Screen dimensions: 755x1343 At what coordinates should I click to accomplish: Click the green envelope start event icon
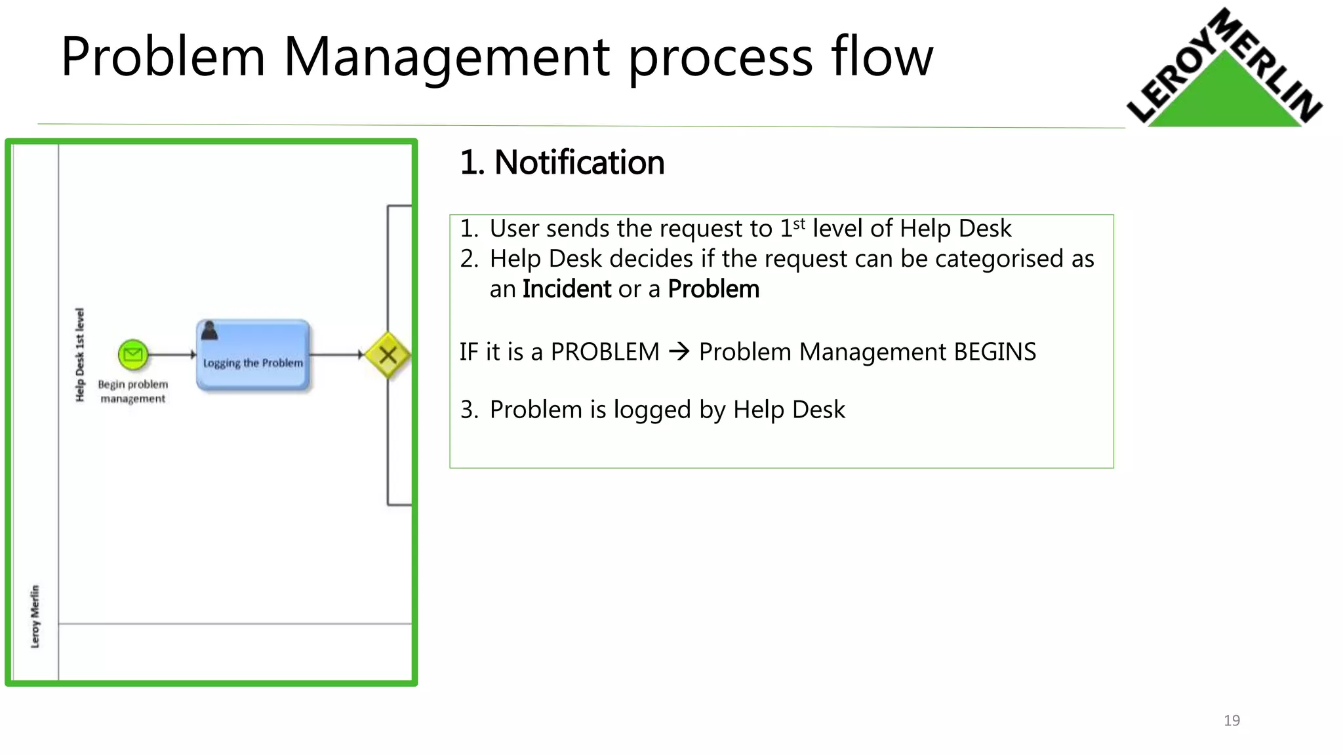pos(133,355)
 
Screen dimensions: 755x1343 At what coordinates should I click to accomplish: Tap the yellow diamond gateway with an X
pos(388,355)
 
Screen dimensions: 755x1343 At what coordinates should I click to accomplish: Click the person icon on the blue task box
pos(209,330)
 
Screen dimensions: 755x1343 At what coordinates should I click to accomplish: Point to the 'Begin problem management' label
pos(133,391)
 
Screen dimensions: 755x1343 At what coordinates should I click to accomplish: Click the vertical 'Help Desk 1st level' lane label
pos(80,355)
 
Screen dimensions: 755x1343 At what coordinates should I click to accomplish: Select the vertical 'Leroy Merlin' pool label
pos(35,616)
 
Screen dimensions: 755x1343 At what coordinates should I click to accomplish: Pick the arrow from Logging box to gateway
pos(336,355)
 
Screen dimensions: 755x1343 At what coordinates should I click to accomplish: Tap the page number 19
pos(1232,720)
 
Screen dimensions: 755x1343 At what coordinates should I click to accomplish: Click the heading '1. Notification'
pos(562,163)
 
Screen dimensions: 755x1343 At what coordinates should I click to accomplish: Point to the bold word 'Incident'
pos(567,289)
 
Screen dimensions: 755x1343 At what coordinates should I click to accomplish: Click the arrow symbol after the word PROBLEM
pos(679,352)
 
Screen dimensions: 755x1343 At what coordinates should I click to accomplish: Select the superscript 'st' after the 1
pos(799,224)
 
